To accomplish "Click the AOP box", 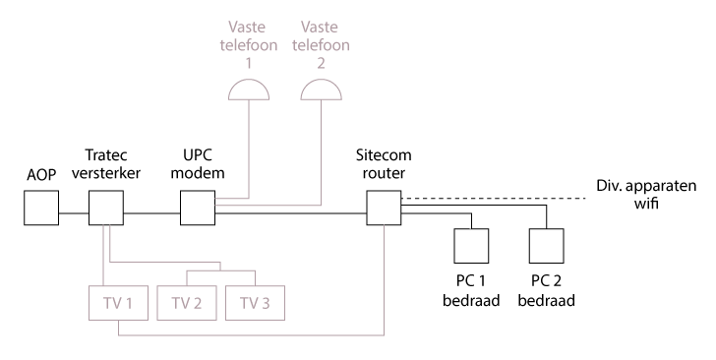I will point(41,209).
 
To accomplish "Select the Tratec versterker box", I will point(105,209).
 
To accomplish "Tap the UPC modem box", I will point(199,209).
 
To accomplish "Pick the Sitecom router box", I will point(383,209).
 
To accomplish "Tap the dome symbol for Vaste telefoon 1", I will point(248,90).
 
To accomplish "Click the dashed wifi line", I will point(492,200).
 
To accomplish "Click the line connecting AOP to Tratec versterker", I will point(73,211).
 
